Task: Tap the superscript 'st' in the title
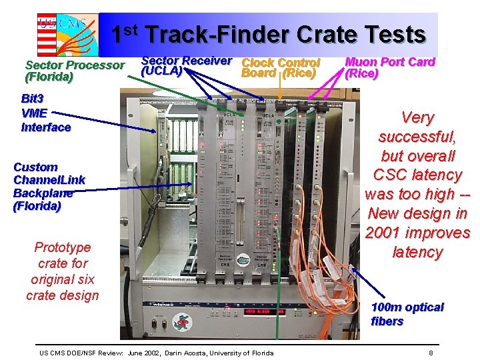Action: pyautogui.click(x=131, y=29)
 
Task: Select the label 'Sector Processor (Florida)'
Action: pyautogui.click(x=74, y=71)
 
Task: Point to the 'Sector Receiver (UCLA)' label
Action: pyautogui.click(x=186, y=65)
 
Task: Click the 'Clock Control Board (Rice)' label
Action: pyautogui.click(x=280, y=67)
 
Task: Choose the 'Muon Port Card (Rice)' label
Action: pyautogui.click(x=389, y=67)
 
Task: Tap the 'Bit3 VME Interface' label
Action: pyautogui.click(x=45, y=113)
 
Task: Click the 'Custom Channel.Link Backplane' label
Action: pyautogui.click(x=49, y=187)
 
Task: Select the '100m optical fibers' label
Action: pyautogui.click(x=407, y=314)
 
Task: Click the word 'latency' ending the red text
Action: pyautogui.click(x=417, y=252)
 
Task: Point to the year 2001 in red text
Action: pyautogui.click(x=384, y=233)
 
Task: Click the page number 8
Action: pyautogui.click(x=431, y=353)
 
